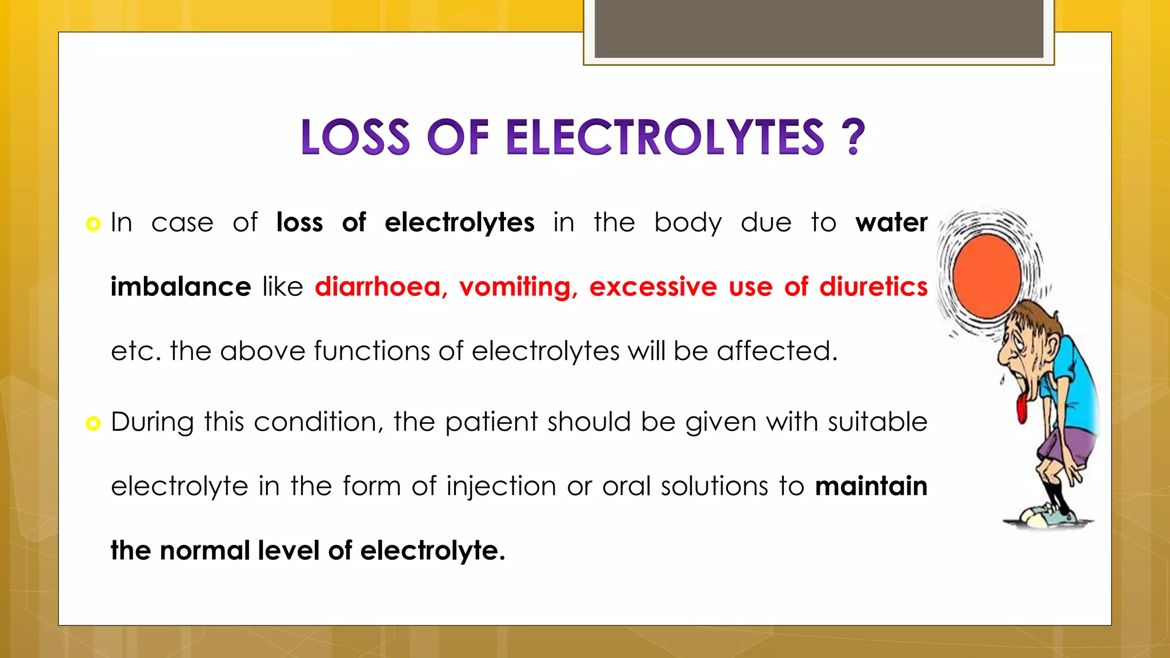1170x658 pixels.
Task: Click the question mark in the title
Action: click(853, 137)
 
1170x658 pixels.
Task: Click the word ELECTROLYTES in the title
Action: click(665, 137)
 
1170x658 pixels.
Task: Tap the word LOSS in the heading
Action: click(355, 137)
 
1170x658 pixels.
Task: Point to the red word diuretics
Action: click(874, 286)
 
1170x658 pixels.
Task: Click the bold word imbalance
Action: click(181, 286)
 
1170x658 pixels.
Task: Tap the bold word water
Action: click(891, 222)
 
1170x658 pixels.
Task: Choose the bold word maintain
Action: click(871, 486)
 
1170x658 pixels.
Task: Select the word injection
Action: click(501, 486)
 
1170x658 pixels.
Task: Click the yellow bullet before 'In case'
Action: click(93, 223)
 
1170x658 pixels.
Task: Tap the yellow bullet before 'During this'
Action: click(93, 423)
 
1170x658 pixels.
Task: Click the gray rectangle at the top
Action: click(819, 29)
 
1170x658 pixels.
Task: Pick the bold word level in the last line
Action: click(289, 551)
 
